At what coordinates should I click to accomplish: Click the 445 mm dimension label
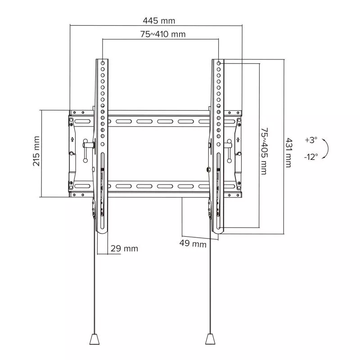click(159, 21)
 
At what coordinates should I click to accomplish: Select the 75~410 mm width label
click(162, 34)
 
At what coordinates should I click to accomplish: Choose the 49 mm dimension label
click(193, 244)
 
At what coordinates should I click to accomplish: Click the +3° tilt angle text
click(311, 140)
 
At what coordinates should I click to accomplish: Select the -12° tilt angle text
click(310, 157)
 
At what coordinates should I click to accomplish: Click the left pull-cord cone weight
click(95, 338)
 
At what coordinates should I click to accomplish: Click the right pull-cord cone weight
click(210, 338)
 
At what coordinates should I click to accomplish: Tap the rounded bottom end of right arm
click(218, 230)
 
